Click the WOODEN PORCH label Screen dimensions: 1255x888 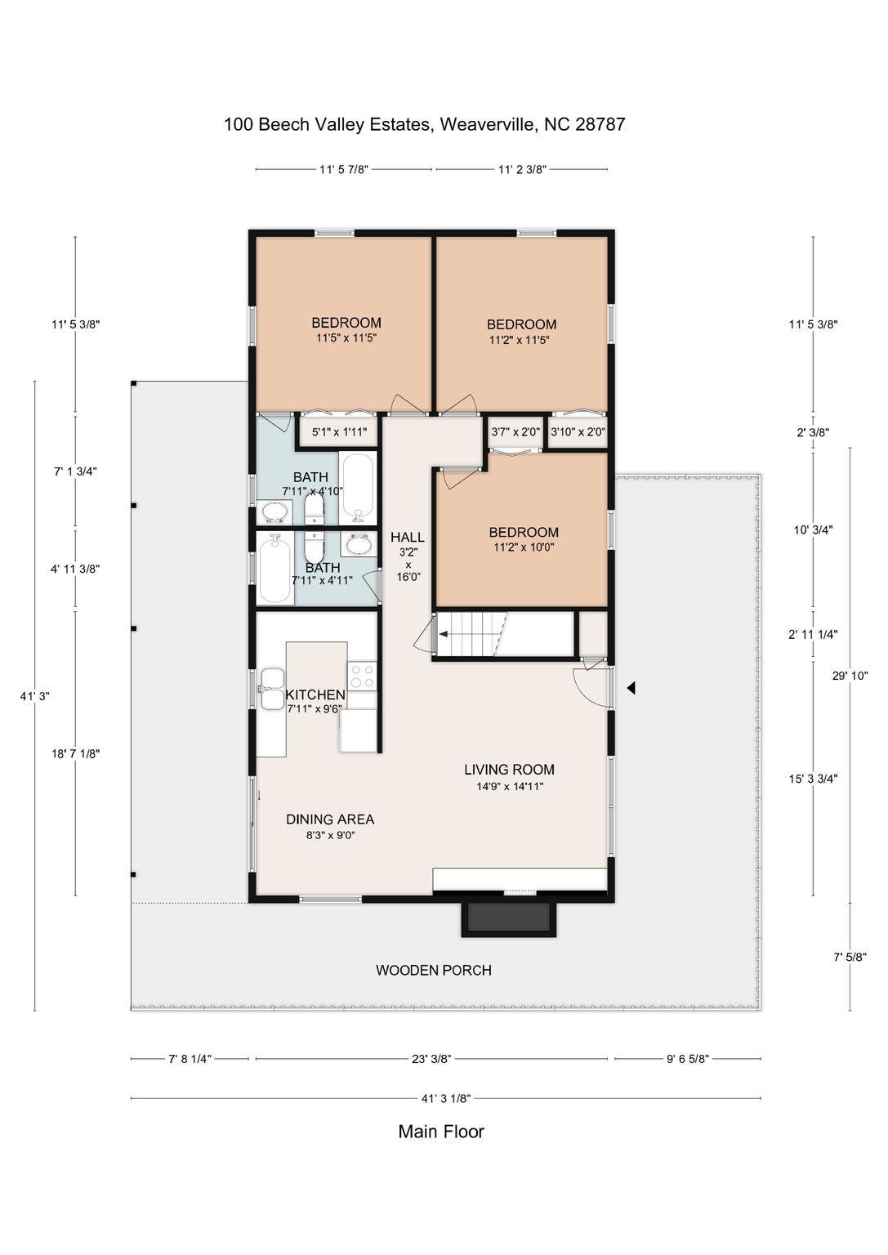[433, 970]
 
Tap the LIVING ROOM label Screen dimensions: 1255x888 [509, 769]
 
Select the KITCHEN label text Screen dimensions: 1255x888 [315, 694]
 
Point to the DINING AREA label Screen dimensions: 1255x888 [330, 819]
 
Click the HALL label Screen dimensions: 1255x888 [407, 537]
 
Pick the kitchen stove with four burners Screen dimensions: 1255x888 [362, 675]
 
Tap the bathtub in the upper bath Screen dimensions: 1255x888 [358, 488]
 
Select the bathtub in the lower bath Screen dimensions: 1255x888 [274, 569]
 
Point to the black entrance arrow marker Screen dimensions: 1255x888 [630, 689]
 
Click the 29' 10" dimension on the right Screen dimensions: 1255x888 [850, 675]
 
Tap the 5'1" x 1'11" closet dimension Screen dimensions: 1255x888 [334, 431]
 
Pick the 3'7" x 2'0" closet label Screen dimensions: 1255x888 [515, 431]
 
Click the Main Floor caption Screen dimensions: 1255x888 [441, 1132]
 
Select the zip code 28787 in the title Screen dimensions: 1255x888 [600, 124]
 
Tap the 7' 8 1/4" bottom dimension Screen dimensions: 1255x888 [190, 1058]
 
